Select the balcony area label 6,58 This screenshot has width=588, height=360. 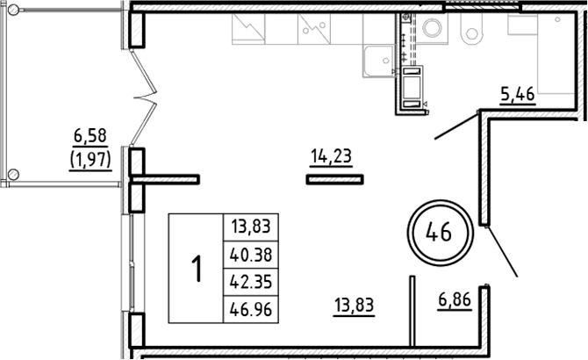click(x=90, y=136)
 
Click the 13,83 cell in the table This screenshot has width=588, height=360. click(x=248, y=226)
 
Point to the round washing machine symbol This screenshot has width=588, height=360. click(x=433, y=29)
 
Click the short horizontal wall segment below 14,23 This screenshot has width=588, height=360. click(x=334, y=179)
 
